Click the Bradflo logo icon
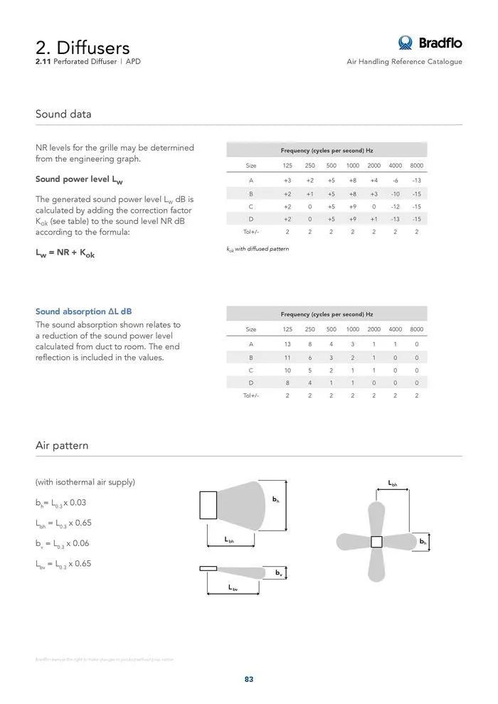pyautogui.click(x=406, y=43)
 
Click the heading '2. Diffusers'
pyautogui.click(x=83, y=48)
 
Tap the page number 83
pyautogui.click(x=249, y=679)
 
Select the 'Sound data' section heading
pyautogui.click(x=63, y=114)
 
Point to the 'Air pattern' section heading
pyautogui.click(x=62, y=445)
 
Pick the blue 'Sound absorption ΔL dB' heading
pyautogui.click(x=83, y=311)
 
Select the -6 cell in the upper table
pyautogui.click(x=396, y=181)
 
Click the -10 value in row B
pyautogui.click(x=396, y=193)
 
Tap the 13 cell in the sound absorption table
pyautogui.click(x=287, y=344)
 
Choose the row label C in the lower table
pyautogui.click(x=251, y=370)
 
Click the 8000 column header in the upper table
pyautogui.click(x=417, y=166)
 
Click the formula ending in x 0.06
pyautogui.click(x=61, y=543)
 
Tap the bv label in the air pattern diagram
pyautogui.click(x=278, y=572)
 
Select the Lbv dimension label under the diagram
pyautogui.click(x=233, y=588)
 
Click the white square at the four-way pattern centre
pyautogui.click(x=377, y=542)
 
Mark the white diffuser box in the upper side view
pyautogui.click(x=208, y=505)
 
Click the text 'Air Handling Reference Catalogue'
pyautogui.click(x=404, y=62)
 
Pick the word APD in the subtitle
pyautogui.click(x=132, y=62)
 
